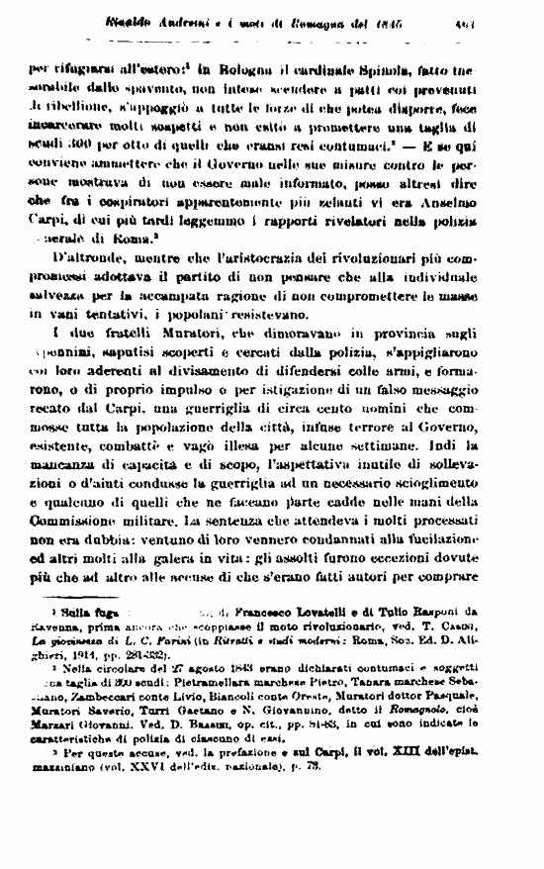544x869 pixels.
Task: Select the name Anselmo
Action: click(x=483, y=200)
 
